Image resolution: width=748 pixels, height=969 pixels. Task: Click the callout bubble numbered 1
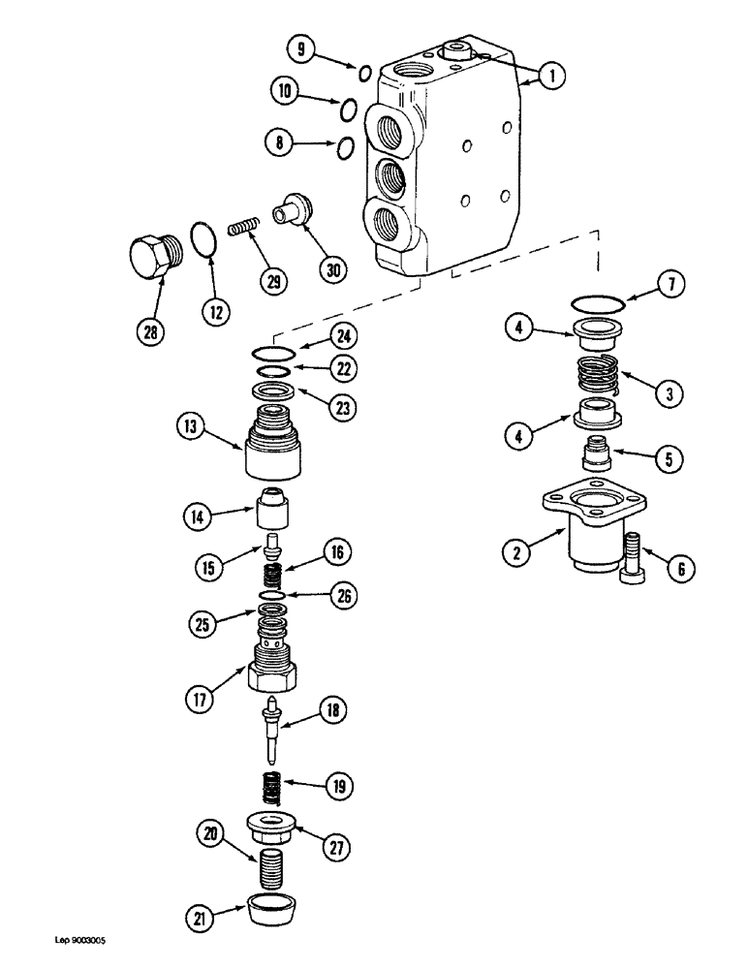tap(549, 75)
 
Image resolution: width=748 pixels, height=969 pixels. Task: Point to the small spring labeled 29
tap(245, 229)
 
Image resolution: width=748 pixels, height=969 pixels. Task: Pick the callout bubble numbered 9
tap(302, 49)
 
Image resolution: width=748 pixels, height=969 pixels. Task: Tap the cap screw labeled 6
tap(631, 560)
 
